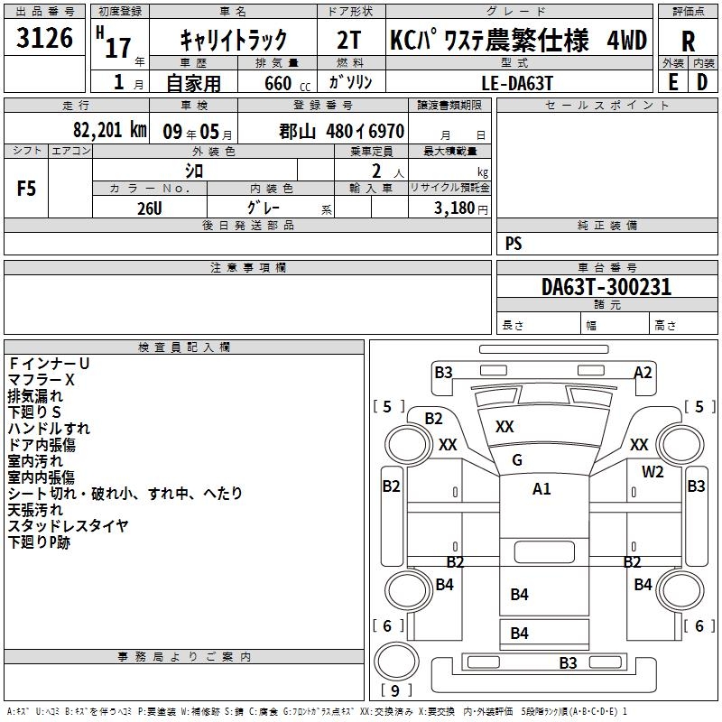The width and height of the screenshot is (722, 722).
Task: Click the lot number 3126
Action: click(45, 38)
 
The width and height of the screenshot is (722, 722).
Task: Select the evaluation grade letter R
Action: click(689, 42)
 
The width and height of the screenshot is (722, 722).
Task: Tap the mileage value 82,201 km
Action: click(110, 130)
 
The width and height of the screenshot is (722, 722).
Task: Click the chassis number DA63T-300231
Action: click(606, 288)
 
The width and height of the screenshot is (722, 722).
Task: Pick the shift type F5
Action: click(26, 189)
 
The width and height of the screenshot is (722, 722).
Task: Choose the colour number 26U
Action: click(149, 208)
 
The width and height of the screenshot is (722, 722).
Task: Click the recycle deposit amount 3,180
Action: click(455, 208)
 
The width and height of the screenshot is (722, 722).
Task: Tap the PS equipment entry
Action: click(514, 244)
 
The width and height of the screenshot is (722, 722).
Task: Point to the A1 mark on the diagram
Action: click(541, 489)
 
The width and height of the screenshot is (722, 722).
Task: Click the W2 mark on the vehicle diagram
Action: click(653, 472)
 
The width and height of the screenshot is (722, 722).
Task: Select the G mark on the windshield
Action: click(517, 460)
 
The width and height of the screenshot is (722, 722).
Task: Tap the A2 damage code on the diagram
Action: click(643, 372)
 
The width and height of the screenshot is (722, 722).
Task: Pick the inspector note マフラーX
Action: click(42, 380)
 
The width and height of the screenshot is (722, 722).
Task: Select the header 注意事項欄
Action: click(247, 268)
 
